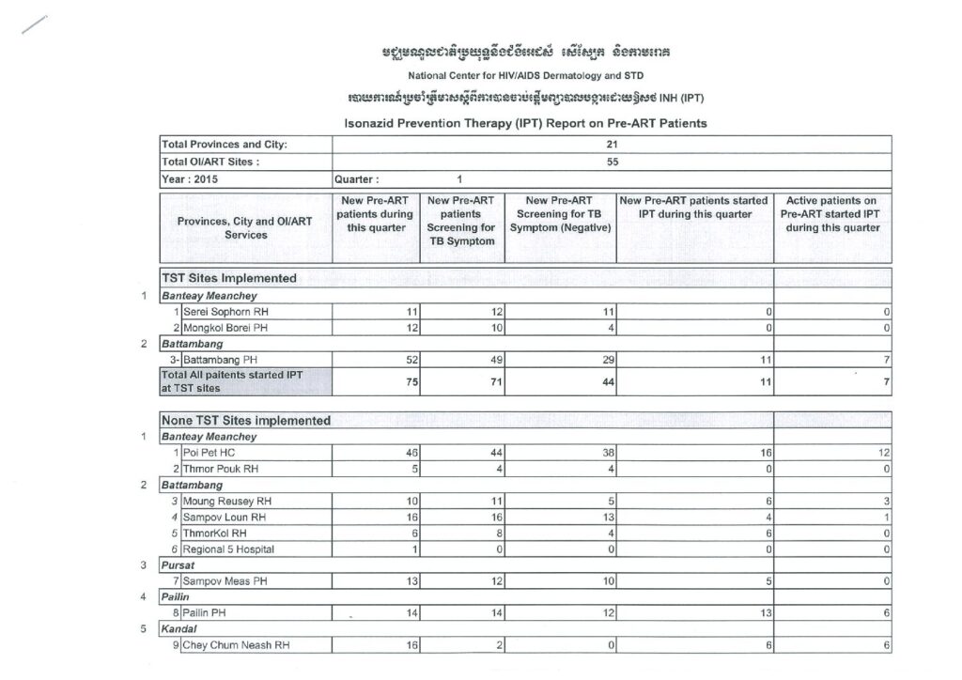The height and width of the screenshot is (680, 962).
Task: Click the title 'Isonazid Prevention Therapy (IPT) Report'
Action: click(x=525, y=123)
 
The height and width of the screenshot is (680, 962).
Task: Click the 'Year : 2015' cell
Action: click(x=191, y=178)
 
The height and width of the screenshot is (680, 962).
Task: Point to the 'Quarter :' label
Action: click(x=357, y=178)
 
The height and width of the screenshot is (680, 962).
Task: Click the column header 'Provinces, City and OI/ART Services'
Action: click(x=245, y=228)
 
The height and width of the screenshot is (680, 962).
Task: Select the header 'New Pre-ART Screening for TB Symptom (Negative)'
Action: click(x=560, y=215)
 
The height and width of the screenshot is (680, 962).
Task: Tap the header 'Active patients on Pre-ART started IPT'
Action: click(x=832, y=214)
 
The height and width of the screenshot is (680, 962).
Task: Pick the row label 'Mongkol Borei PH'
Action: click(x=226, y=328)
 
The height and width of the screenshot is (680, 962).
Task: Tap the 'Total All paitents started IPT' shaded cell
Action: click(x=245, y=381)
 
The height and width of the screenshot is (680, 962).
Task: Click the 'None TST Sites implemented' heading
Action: click(x=247, y=421)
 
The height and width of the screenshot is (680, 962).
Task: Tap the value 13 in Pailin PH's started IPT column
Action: click(x=766, y=613)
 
